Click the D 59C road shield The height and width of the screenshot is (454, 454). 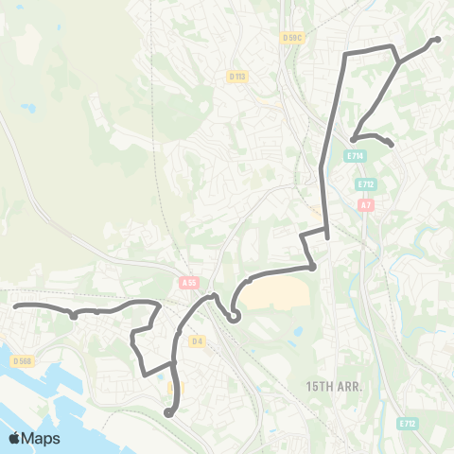(292, 38)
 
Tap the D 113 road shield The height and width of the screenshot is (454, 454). (236, 76)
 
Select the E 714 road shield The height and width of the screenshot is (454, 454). (356, 155)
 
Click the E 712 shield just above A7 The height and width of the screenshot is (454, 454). (367, 184)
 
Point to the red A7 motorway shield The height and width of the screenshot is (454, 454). (365, 204)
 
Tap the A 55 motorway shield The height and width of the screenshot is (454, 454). (189, 281)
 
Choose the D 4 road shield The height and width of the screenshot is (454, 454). (197, 340)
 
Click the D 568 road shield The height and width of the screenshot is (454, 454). (24, 360)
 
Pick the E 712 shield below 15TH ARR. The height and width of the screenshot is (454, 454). (408, 423)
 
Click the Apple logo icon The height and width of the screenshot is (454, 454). (16, 438)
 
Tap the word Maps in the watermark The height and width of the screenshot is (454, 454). (42, 439)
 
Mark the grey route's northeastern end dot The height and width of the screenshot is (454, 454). (437, 40)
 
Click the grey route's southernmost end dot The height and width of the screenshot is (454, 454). (168, 411)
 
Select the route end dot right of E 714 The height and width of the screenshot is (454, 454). (391, 145)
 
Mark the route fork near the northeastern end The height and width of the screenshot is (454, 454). (399, 62)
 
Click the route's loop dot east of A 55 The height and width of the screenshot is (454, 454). (234, 317)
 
